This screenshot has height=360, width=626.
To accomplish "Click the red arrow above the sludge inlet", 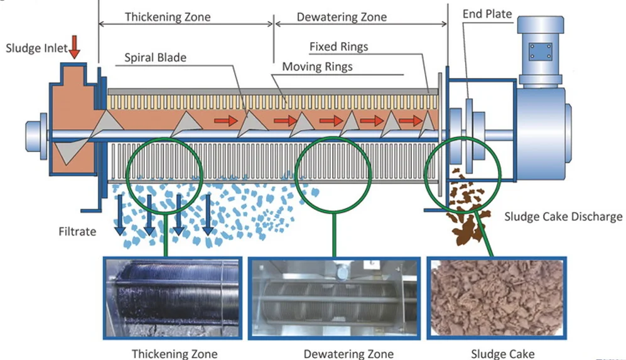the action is point(74,46).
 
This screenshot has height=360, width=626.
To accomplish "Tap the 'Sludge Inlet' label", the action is point(36,48).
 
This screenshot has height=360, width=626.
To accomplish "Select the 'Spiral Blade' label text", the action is point(155,58).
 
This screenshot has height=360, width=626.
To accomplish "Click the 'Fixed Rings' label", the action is point(338,46).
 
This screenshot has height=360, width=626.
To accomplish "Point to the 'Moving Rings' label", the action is point(317,67).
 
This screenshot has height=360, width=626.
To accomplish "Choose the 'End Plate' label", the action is point(487,14).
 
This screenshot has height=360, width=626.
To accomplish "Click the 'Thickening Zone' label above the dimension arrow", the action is point(168,17).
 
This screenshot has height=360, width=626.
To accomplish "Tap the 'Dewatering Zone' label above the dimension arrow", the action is point(342,17).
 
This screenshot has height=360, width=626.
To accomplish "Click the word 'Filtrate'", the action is point(77,232).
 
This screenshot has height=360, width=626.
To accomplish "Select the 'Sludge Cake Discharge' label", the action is point(563,217).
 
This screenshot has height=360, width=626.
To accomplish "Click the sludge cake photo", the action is point(497,298).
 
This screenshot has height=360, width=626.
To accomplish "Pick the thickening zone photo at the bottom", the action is point(173,298).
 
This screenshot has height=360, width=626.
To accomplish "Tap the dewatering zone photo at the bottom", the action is point(334,298).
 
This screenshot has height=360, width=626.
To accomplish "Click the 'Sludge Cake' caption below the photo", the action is point(503,354).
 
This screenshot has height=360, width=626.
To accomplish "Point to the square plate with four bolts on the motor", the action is point(540,52).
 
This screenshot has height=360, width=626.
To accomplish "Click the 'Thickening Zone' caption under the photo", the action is point(175,354).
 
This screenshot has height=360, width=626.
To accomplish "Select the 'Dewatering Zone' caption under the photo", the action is point(348,354).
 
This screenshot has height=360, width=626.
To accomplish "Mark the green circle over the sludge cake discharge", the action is point(425,175).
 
